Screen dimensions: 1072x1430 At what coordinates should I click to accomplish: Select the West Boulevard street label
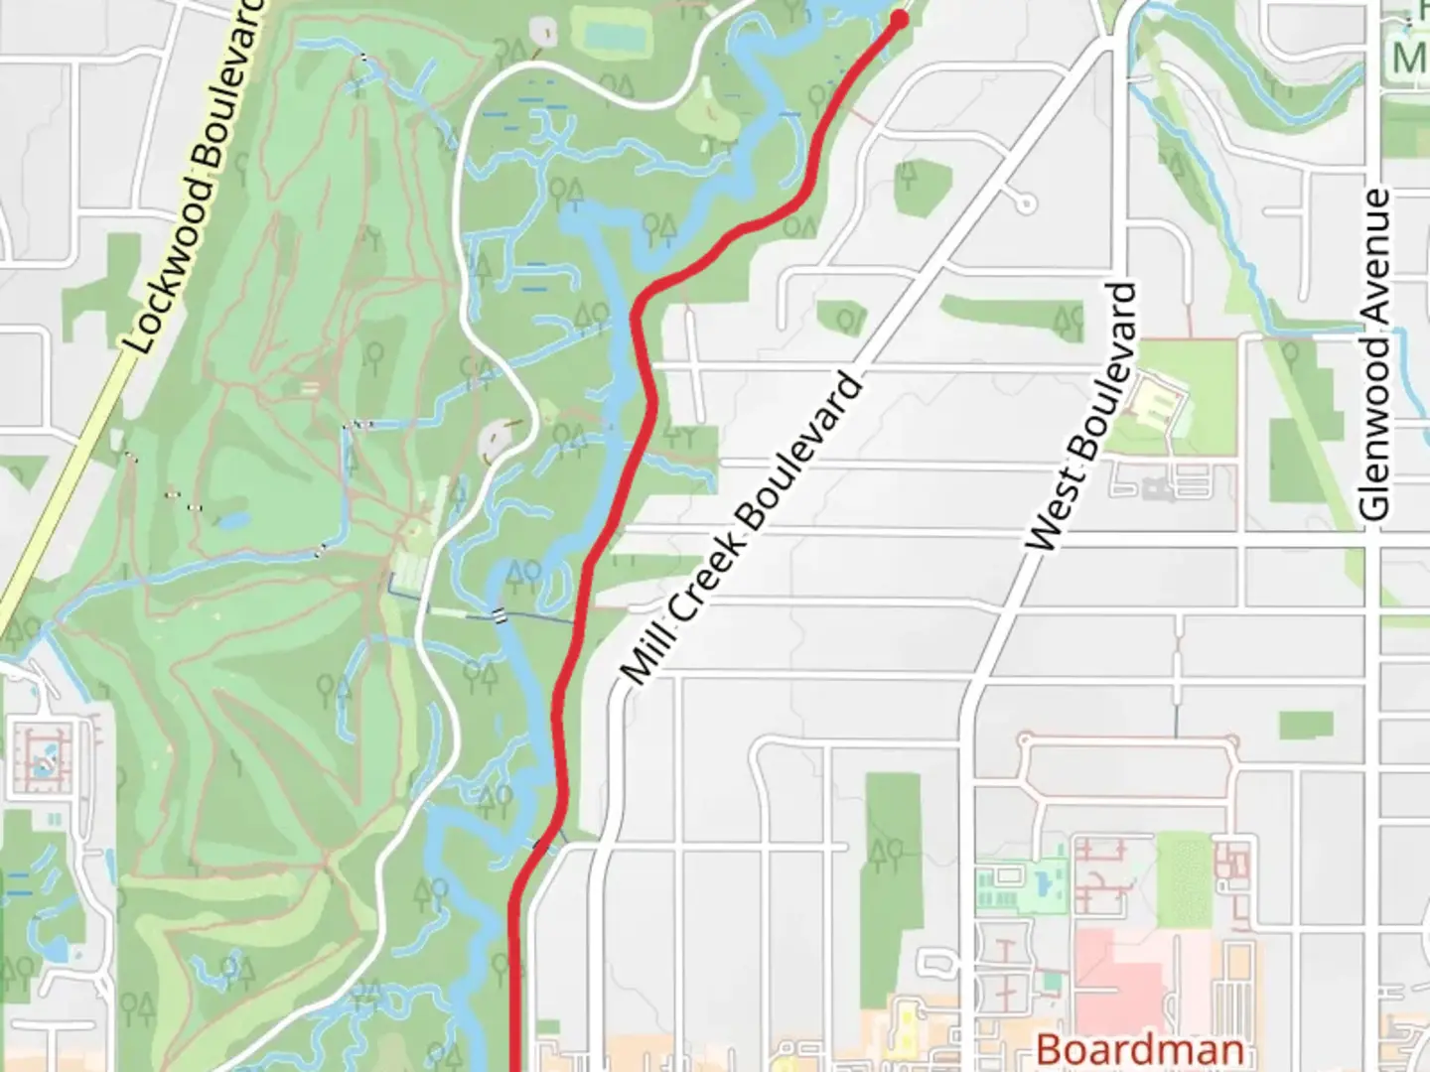(x=1082, y=417)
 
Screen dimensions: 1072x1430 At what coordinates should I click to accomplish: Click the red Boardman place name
(x=1139, y=1049)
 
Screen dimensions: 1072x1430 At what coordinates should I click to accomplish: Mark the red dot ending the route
(x=900, y=19)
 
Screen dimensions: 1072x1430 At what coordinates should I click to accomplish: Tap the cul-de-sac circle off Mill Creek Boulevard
(x=1025, y=205)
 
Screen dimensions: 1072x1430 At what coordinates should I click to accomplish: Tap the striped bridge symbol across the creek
(x=500, y=615)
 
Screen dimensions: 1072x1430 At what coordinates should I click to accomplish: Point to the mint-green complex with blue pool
(x=1024, y=882)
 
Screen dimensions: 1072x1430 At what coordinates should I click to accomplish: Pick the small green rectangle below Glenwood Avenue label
(x=1305, y=725)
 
